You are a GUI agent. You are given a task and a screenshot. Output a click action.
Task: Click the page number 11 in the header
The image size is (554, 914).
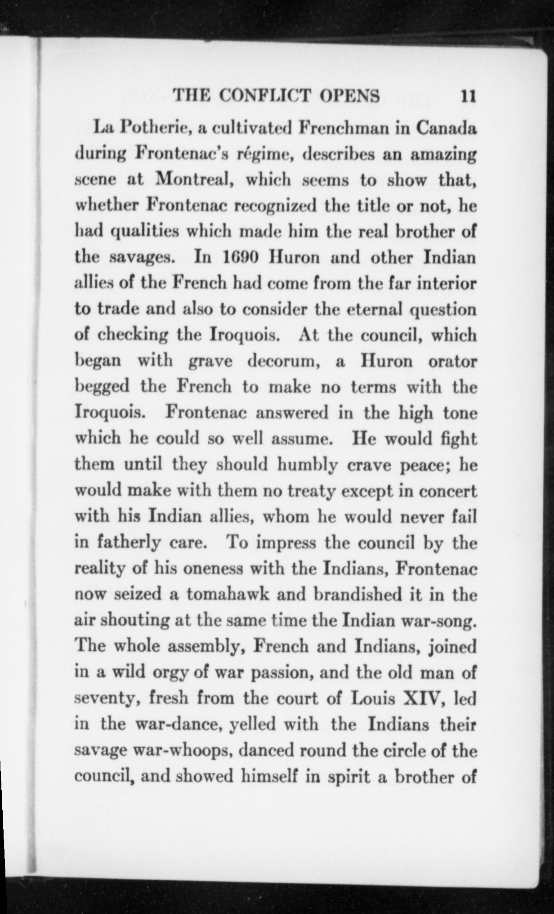(x=468, y=96)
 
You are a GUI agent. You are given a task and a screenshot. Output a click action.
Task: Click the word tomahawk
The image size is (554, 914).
(x=228, y=595)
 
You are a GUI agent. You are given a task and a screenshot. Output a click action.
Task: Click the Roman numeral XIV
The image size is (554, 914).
(x=425, y=699)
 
